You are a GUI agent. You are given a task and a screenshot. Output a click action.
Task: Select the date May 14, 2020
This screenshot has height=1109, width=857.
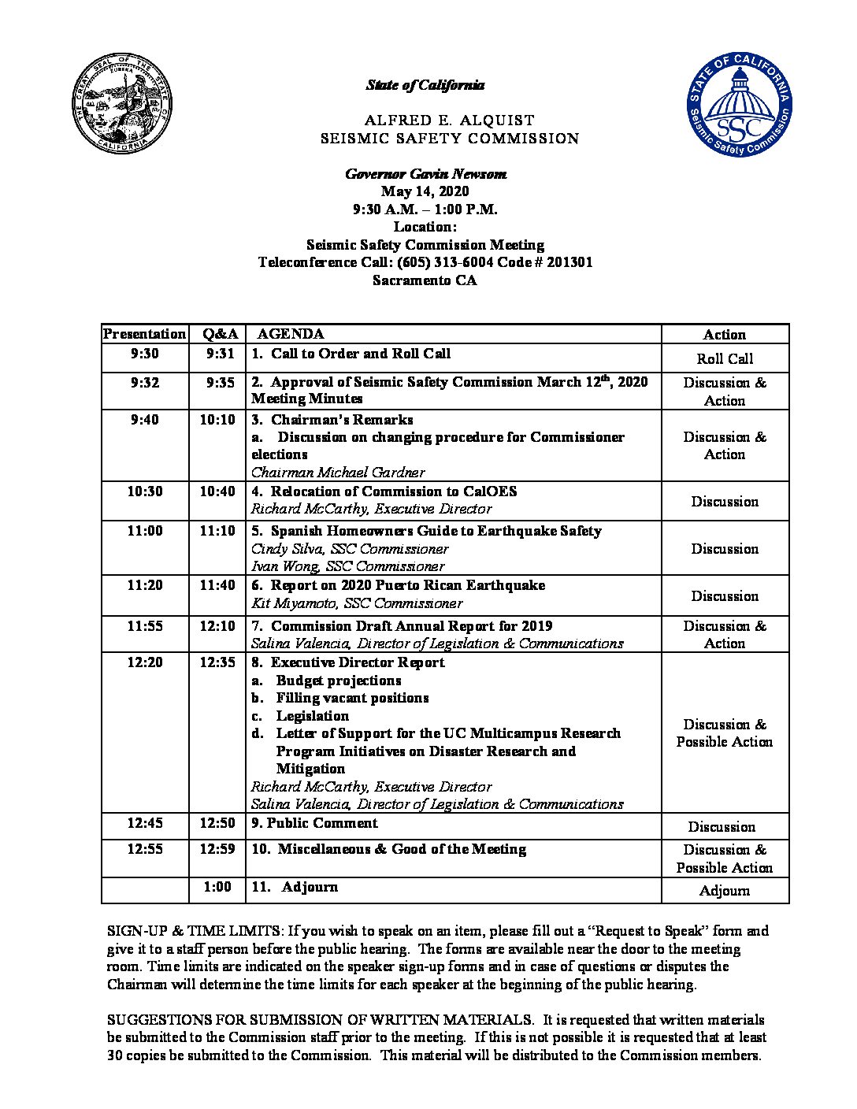click(425, 191)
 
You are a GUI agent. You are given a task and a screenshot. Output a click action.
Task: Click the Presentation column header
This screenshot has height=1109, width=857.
click(145, 334)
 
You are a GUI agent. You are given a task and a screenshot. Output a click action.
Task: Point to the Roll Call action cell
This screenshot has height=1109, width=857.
click(725, 359)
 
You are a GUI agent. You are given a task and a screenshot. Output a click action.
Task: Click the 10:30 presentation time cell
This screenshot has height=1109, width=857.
click(145, 491)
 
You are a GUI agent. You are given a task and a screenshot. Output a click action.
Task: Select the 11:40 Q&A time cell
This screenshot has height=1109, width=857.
click(217, 585)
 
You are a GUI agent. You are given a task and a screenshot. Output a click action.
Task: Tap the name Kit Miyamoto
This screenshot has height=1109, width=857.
click(288, 603)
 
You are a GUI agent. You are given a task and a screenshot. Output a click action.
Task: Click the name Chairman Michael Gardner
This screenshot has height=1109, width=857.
click(338, 473)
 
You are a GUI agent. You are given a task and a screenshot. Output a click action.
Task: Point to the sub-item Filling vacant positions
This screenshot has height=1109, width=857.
click(352, 698)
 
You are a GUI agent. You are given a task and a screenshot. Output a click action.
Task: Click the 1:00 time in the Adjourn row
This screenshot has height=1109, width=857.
click(217, 887)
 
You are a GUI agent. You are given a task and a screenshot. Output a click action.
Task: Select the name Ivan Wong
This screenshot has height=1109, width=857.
click(286, 566)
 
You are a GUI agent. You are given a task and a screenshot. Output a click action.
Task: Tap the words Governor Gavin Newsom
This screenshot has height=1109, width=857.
click(425, 174)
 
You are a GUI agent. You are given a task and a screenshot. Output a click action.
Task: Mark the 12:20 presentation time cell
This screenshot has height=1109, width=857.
click(145, 662)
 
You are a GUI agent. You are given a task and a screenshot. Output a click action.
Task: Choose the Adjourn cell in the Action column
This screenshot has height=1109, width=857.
click(725, 892)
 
